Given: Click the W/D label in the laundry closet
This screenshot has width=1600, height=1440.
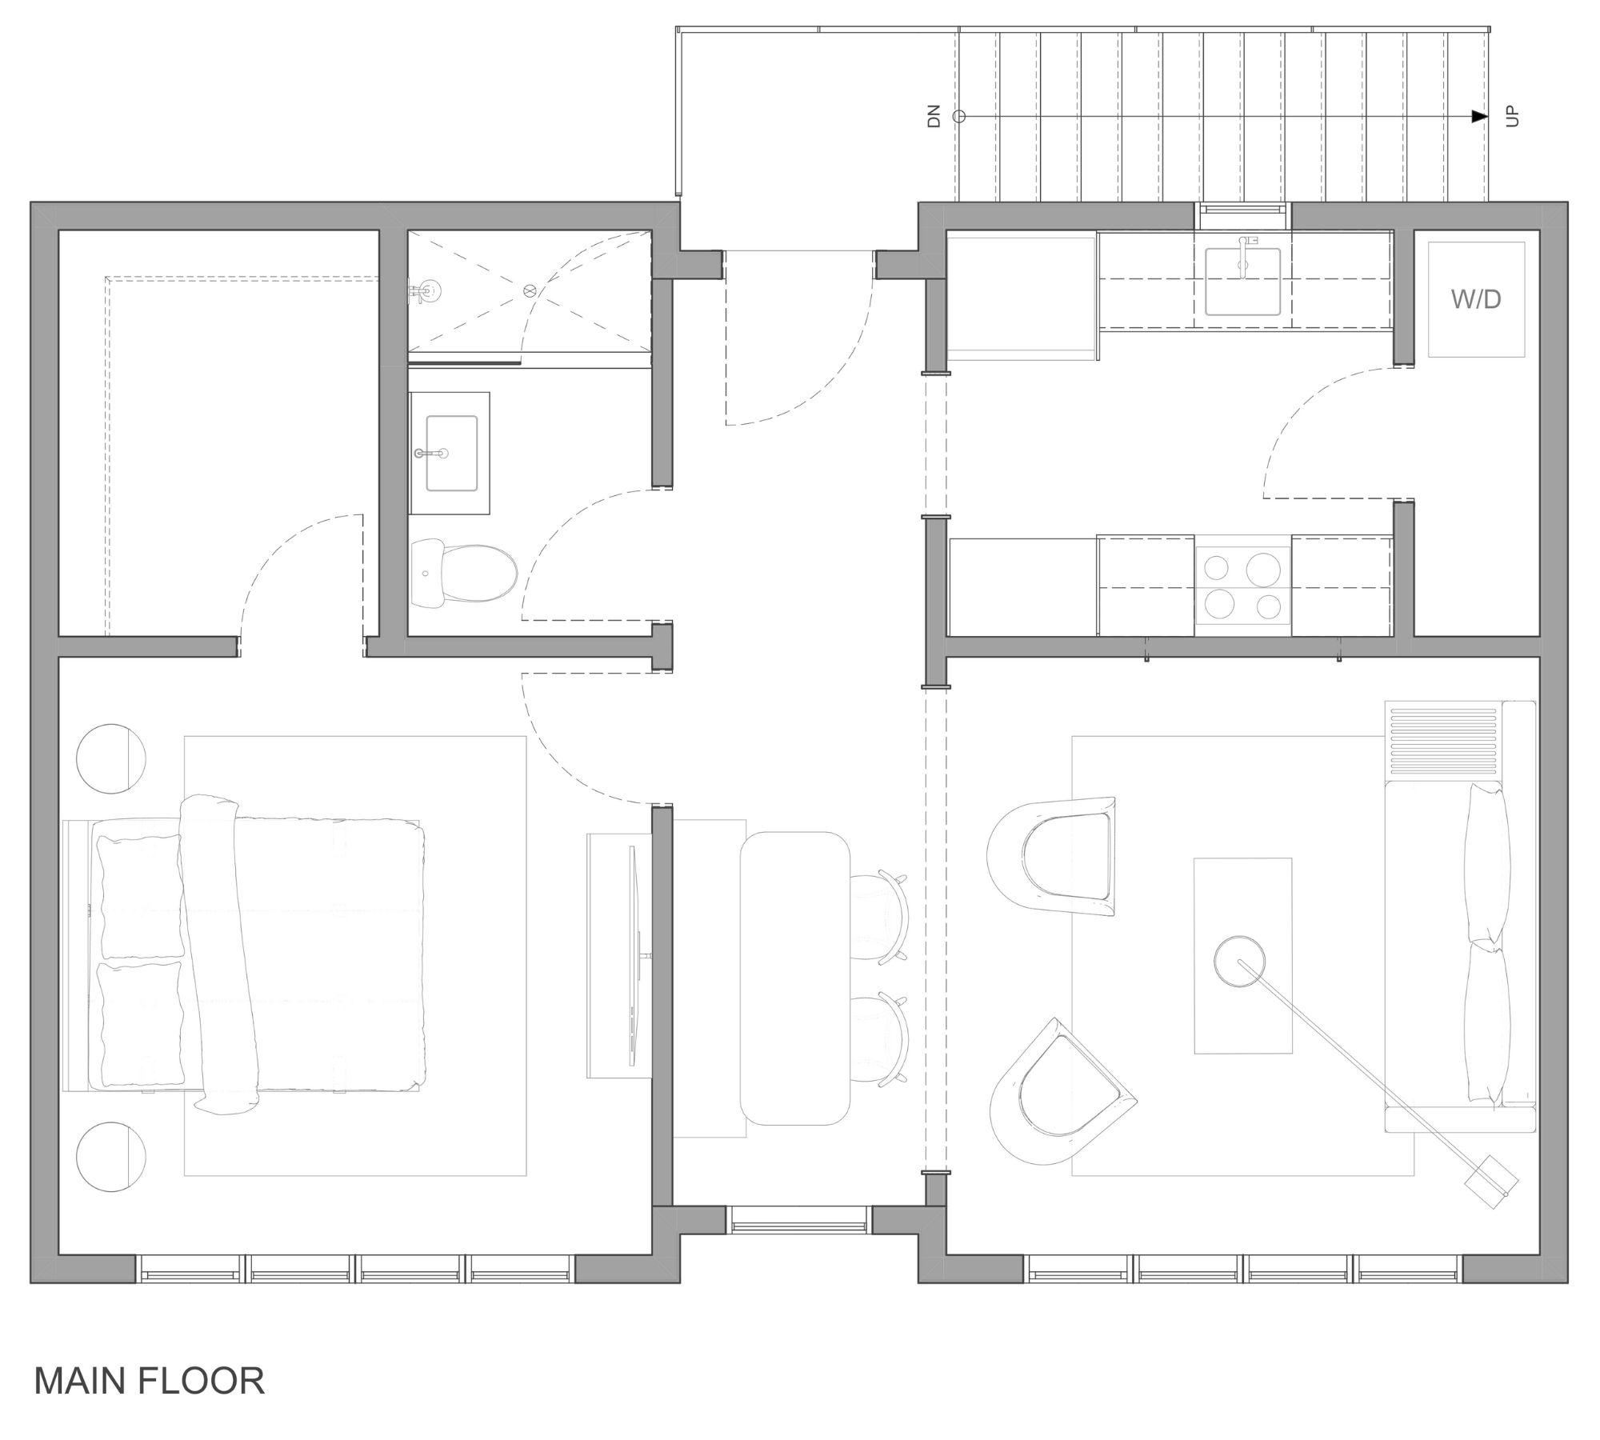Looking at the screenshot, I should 1475,300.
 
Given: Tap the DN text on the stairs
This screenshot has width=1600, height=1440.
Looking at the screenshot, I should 934,117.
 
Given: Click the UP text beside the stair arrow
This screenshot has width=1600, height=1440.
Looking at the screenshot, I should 1511,117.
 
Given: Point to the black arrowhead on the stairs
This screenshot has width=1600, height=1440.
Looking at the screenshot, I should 1479,117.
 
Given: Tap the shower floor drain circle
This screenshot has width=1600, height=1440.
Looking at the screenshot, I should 528,291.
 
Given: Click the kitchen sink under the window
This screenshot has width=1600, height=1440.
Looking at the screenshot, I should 1242,282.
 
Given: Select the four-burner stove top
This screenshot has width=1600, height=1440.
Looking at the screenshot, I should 1242,587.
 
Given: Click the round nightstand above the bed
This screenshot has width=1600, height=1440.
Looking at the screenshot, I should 110,758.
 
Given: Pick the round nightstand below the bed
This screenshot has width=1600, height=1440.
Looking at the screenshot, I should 110,1156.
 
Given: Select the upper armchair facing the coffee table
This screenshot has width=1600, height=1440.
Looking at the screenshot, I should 1056,856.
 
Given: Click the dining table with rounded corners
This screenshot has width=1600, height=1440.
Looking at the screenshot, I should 794,978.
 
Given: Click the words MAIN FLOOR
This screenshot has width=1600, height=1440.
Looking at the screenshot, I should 149,1381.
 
